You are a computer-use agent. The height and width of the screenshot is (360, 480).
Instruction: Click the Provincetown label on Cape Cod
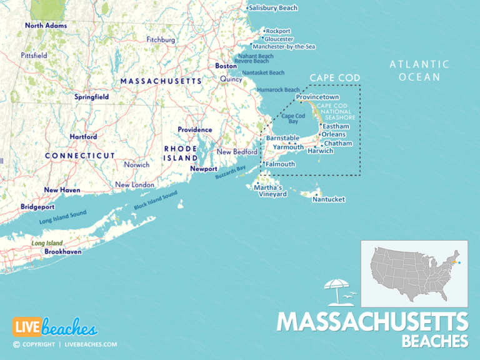click(317, 97)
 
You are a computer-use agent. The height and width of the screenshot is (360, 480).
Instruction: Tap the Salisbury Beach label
click(273, 8)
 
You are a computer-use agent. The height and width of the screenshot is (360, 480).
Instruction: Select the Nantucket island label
click(329, 199)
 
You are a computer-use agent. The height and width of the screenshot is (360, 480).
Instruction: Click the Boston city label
click(226, 66)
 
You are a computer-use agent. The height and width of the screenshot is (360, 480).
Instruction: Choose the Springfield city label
click(92, 97)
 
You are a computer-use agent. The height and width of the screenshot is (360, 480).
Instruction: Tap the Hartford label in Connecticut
click(83, 136)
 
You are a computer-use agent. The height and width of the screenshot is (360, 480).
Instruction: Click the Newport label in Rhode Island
click(204, 169)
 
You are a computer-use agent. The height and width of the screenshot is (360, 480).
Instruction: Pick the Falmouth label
click(280, 164)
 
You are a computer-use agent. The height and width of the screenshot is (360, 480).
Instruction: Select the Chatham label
click(338, 143)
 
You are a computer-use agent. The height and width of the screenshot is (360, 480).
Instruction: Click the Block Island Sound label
click(156, 199)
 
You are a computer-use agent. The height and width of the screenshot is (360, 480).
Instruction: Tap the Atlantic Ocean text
click(419, 71)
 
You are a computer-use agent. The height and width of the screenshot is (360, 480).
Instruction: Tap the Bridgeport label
click(37, 206)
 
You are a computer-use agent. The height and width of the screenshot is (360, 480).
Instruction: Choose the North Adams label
click(46, 26)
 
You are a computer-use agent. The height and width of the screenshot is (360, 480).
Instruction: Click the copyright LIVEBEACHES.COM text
click(64, 344)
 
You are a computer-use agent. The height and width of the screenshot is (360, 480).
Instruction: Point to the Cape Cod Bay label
click(293, 119)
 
